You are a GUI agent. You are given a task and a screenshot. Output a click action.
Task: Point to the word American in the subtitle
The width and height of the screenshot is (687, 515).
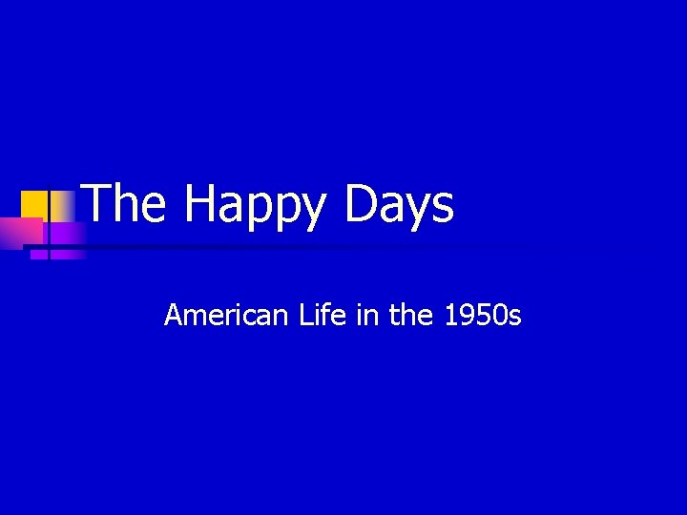click(225, 315)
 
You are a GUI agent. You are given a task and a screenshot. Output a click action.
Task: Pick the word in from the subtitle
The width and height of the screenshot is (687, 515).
click(366, 315)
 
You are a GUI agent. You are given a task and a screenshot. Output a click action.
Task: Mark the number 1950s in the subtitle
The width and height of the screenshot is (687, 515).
click(483, 315)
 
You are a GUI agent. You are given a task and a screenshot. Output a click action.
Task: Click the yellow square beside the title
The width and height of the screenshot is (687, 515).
click(35, 203)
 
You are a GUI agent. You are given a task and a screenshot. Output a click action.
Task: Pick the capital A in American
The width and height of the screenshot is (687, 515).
click(174, 315)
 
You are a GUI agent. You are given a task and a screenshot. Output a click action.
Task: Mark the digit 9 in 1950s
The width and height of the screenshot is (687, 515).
click(468, 315)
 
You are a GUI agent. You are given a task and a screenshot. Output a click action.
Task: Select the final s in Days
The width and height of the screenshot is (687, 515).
click(443, 208)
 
